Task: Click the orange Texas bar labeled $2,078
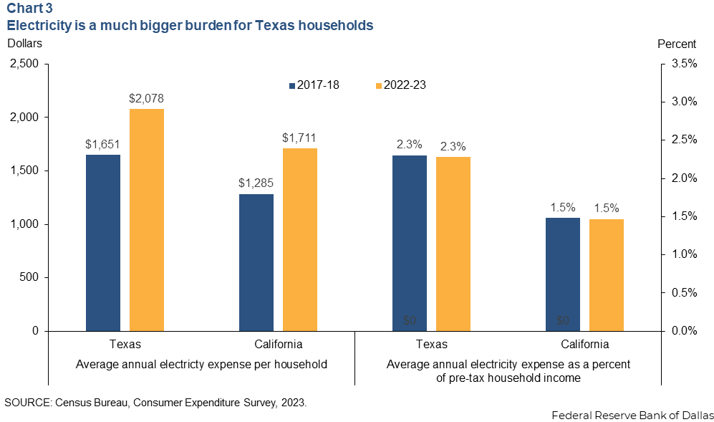[146, 219]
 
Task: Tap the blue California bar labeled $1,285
[256, 262]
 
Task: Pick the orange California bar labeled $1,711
[299, 239]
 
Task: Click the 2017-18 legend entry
[314, 85]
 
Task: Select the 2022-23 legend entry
[400, 85]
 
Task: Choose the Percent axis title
[676, 43]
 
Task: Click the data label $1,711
[299, 138]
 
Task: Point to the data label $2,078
[146, 98]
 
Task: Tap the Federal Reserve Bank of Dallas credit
[632, 415]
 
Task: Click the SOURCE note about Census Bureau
[155, 402]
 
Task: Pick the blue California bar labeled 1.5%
[563, 274]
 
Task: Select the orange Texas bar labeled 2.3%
[453, 244]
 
